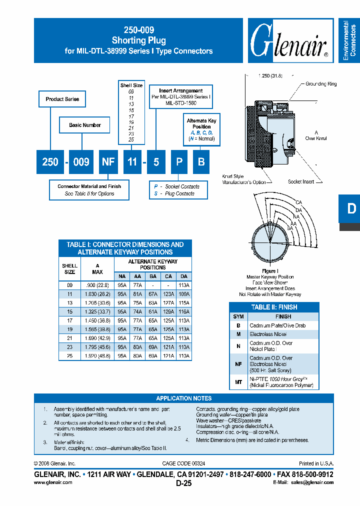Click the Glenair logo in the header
(288, 41)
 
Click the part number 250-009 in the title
(138, 30)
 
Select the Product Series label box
(62, 99)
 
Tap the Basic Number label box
(84, 125)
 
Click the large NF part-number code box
(108, 161)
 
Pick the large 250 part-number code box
(50, 161)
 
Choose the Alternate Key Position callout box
(201, 129)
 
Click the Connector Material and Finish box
(89, 190)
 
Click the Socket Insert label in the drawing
(301, 181)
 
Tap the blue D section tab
(351, 208)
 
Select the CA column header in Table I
(168, 276)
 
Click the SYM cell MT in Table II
(238, 382)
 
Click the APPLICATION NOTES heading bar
(183, 398)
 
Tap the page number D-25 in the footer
(183, 483)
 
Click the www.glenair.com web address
(53, 482)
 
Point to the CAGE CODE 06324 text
(183, 463)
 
